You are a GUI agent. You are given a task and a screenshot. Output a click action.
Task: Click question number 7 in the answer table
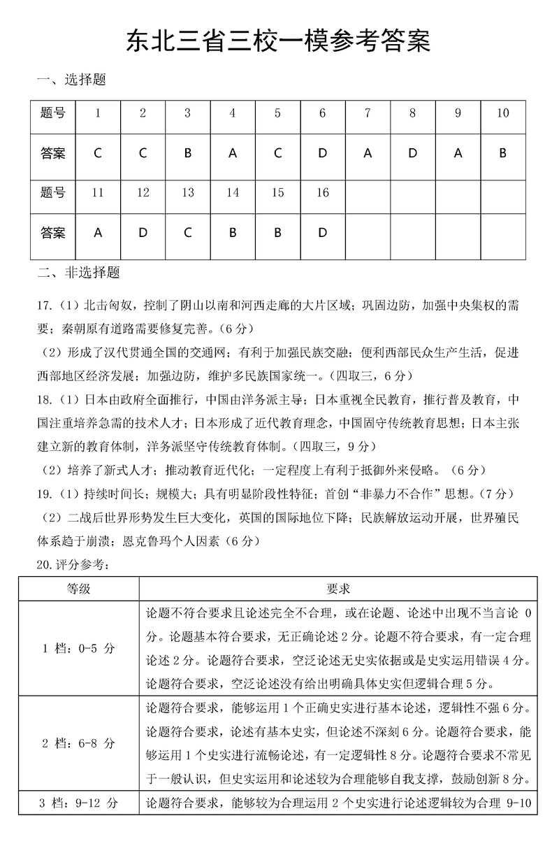(x=368, y=113)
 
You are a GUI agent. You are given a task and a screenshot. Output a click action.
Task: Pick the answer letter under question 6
(x=322, y=153)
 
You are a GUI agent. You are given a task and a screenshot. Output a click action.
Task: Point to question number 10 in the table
(x=502, y=113)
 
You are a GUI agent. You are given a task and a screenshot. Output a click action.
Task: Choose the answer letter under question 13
(x=187, y=234)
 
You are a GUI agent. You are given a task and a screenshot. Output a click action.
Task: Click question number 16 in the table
(x=322, y=193)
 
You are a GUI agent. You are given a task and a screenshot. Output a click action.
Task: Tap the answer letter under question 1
(x=98, y=153)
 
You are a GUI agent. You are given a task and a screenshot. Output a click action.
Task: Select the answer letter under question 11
(x=98, y=234)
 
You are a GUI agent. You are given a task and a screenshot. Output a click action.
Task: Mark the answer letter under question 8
(x=412, y=153)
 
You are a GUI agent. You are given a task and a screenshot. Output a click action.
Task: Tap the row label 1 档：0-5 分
(x=78, y=648)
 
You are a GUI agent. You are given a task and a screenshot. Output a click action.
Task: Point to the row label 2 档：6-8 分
(x=78, y=743)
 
